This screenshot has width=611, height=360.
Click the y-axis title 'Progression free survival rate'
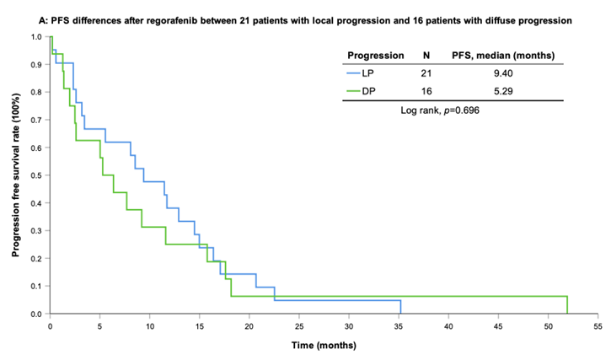(16, 175)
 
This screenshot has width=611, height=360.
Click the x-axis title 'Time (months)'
(324, 346)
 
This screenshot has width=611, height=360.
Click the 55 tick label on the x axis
(598, 325)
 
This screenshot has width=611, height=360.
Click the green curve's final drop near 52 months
(567, 305)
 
